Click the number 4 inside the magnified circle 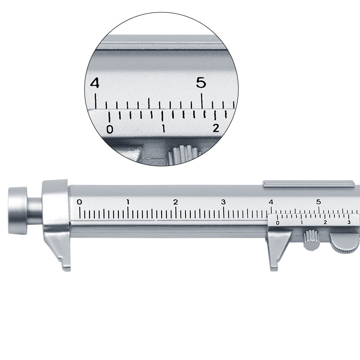(x=94, y=83)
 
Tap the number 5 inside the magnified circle (x=201, y=83)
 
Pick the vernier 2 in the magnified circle (x=216, y=128)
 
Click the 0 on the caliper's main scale (x=80, y=202)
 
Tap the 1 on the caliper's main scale (x=128, y=202)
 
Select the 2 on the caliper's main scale (x=175, y=202)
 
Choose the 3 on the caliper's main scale (x=223, y=202)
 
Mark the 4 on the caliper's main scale (x=271, y=202)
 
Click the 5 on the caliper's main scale (x=319, y=202)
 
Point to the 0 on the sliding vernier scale (x=277, y=223)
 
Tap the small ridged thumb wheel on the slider (x=310, y=239)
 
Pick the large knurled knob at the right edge (x=344, y=243)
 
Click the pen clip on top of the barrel (x=308, y=184)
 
